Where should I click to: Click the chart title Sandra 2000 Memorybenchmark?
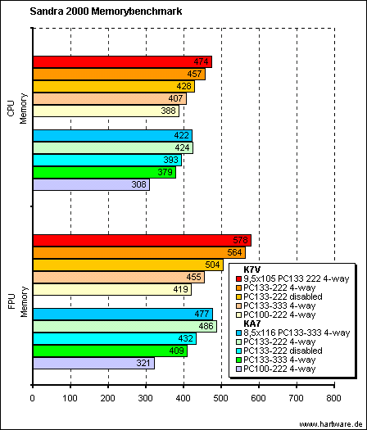pyautogui.click(x=106, y=11)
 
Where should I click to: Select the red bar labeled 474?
pyautogui.click(x=123, y=61)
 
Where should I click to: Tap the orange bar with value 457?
pyautogui.click(x=119, y=74)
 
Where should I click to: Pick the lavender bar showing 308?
pyautogui.click(x=91, y=184)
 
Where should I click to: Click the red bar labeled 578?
pyautogui.click(x=142, y=241)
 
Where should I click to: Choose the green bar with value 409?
pyautogui.click(x=111, y=351)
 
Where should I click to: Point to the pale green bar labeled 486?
pyautogui.click(x=125, y=326)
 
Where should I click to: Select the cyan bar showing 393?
pyautogui.click(x=107, y=161)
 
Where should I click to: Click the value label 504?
pyautogui.click(x=212, y=265)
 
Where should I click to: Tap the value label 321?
pyautogui.click(x=143, y=363)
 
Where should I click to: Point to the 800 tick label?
pyautogui.click(x=333, y=398)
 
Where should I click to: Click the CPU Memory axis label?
pyautogui.click(x=17, y=109)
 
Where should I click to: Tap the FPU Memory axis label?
pyautogui.click(x=18, y=301)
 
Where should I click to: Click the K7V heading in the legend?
pyautogui.click(x=251, y=269)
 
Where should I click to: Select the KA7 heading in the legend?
pyautogui.click(x=251, y=324)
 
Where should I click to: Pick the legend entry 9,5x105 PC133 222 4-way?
pyautogui.click(x=293, y=278)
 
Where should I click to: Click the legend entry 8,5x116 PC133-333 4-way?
pyautogui.click(x=293, y=333)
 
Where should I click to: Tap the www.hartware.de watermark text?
pyautogui.click(x=332, y=424)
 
